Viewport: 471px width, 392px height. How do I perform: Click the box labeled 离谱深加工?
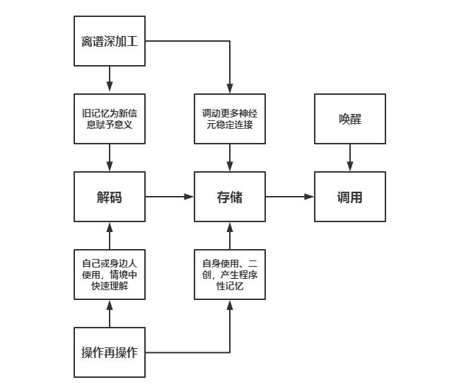point(110,41)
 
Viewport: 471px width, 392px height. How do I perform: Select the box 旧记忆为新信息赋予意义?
point(110,119)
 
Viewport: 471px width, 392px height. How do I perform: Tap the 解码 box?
point(110,197)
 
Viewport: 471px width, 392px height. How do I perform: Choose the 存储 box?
point(230,197)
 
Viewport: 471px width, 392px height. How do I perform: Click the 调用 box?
point(350,197)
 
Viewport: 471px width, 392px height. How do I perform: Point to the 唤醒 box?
point(350,119)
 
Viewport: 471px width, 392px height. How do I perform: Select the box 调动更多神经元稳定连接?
point(230,119)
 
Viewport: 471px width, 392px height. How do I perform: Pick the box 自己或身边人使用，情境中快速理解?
point(110,275)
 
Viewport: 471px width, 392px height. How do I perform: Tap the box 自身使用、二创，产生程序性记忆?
point(230,275)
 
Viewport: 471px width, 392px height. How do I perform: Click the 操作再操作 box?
point(110,352)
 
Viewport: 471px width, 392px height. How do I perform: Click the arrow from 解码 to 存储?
point(170,197)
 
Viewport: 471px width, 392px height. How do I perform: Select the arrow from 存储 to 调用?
point(290,197)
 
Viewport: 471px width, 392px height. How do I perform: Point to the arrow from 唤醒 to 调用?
point(350,158)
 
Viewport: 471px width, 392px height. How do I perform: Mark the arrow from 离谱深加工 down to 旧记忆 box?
point(110,79)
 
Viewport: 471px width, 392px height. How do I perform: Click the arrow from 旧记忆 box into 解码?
point(110,158)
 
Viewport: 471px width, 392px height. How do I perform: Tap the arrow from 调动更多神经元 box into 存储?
point(230,158)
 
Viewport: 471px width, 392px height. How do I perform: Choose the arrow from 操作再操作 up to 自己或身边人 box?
point(110,313)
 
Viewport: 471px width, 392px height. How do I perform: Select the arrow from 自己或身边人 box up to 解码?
point(110,236)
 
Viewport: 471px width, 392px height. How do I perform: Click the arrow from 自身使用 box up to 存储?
point(230,236)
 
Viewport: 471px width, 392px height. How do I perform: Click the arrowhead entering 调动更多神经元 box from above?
point(230,88)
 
